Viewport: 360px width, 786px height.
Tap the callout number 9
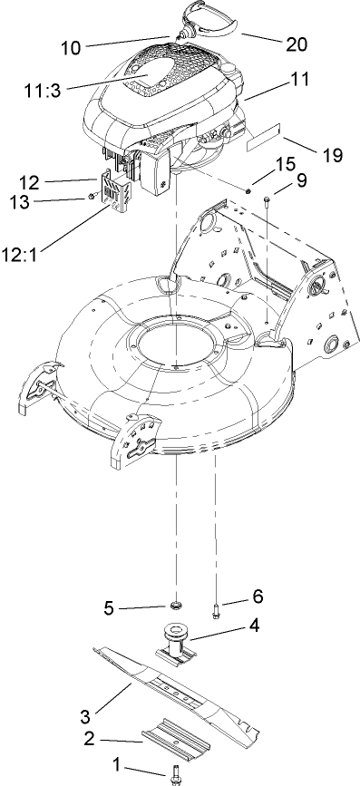click(x=302, y=180)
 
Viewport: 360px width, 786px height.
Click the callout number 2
click(x=90, y=739)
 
